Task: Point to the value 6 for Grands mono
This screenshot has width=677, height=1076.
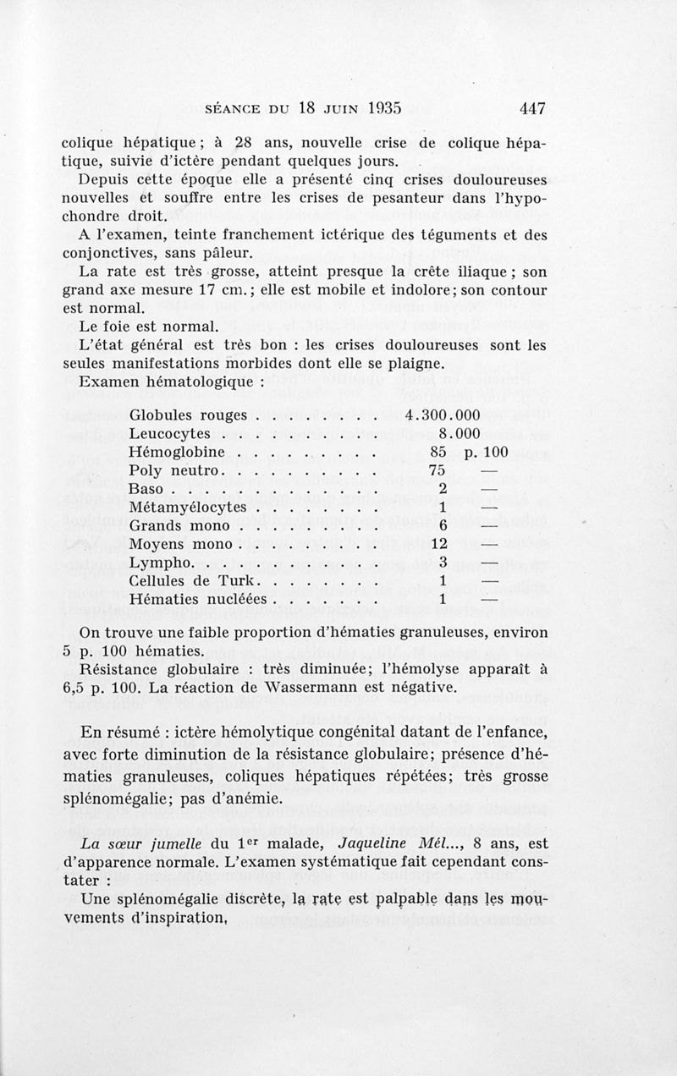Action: pyautogui.click(x=443, y=525)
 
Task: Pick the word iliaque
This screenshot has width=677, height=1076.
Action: pyautogui.click(x=482, y=272)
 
